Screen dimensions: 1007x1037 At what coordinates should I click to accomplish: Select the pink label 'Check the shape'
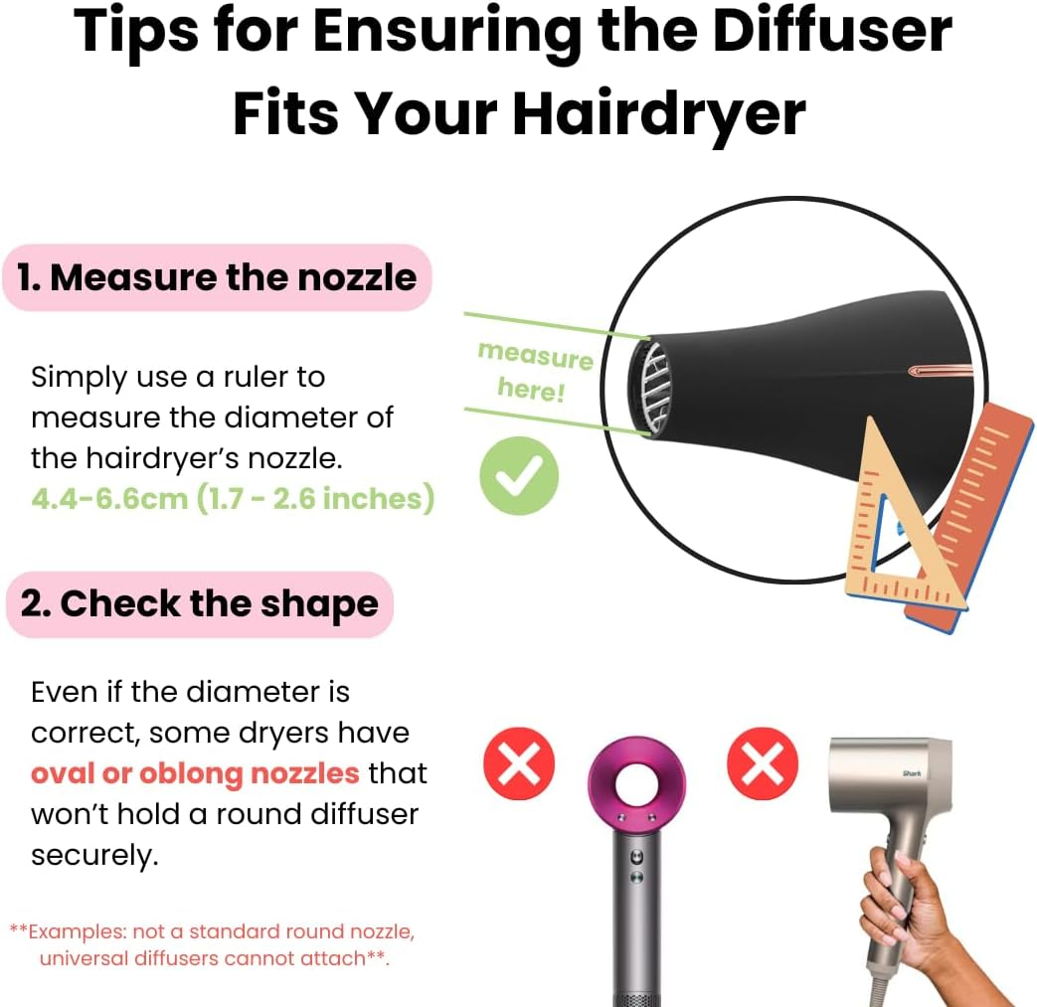[200, 603]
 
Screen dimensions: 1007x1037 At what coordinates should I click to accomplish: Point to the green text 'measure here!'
[535, 369]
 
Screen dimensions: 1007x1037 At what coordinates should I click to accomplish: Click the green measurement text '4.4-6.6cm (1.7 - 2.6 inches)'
[233, 498]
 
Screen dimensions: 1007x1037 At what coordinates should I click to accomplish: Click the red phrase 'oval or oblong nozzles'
[194, 772]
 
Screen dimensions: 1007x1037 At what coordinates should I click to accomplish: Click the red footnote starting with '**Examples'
[212, 944]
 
